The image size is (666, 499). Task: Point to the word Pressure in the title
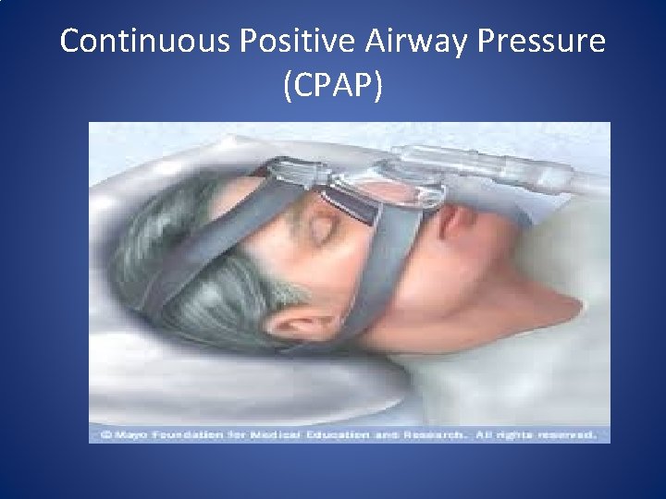click(x=549, y=42)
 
